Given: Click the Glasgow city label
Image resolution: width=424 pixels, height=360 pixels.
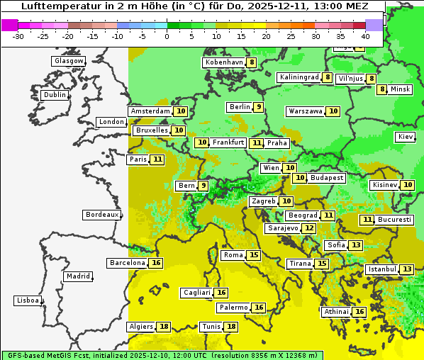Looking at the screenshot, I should [x=68, y=61].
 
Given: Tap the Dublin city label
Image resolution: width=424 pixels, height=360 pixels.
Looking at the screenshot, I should [x=54, y=95].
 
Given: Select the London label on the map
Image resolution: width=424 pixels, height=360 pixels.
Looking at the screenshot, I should [x=111, y=122].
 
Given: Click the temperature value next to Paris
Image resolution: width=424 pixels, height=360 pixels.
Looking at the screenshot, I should [x=157, y=159].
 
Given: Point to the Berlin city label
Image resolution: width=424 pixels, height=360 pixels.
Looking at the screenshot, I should [x=240, y=107].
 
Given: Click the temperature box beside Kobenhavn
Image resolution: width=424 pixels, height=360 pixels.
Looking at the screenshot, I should [x=252, y=62].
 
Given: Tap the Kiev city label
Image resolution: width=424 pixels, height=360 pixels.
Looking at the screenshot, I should [x=406, y=137].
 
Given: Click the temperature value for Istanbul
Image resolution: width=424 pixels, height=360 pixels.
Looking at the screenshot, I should [x=406, y=269].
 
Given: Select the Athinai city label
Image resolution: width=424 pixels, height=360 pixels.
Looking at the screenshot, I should [x=336, y=312].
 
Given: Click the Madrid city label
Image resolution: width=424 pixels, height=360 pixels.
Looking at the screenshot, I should [x=77, y=276].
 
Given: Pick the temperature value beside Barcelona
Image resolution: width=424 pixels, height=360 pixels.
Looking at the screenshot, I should [x=156, y=263].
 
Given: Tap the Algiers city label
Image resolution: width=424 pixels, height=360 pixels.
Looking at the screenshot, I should [x=141, y=327].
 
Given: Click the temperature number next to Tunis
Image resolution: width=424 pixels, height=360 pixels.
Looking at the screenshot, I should [x=231, y=327].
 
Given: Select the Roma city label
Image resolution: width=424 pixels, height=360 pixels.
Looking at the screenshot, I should [x=233, y=255].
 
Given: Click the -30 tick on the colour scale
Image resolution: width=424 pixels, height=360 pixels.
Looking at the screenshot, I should [x=18, y=36].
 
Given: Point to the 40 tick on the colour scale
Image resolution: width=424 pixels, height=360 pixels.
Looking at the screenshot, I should [x=365, y=36].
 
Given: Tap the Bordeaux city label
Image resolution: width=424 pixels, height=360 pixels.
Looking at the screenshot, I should [x=101, y=215].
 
